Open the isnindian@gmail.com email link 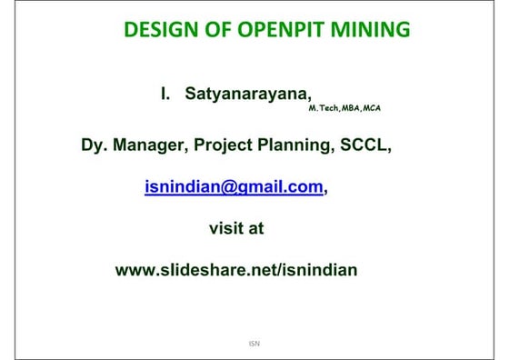tap(235, 187)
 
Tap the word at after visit tap(255, 228)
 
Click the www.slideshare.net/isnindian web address tap(236, 269)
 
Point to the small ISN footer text tap(254, 345)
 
